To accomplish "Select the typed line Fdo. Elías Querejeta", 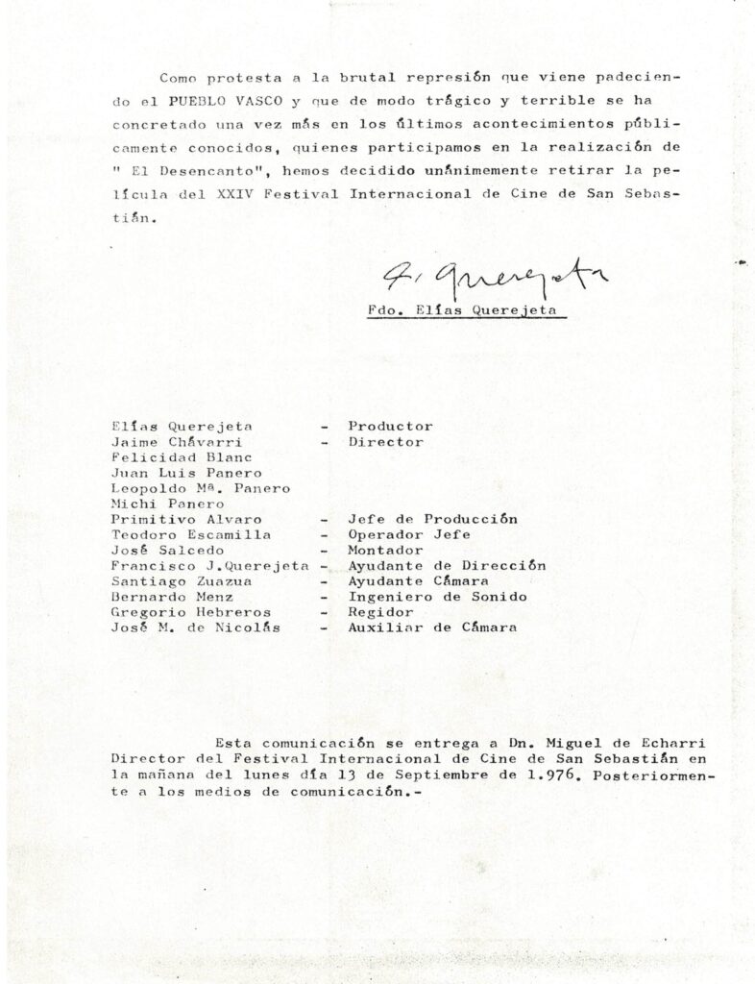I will [465, 309].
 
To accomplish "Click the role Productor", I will [390, 426].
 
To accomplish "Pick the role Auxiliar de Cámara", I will [432, 627].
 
